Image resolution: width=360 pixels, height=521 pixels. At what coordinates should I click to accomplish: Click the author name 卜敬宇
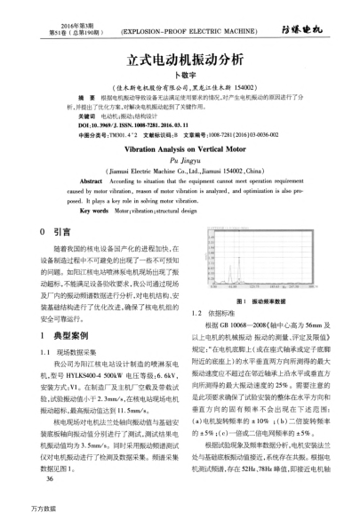[x=180, y=76]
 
